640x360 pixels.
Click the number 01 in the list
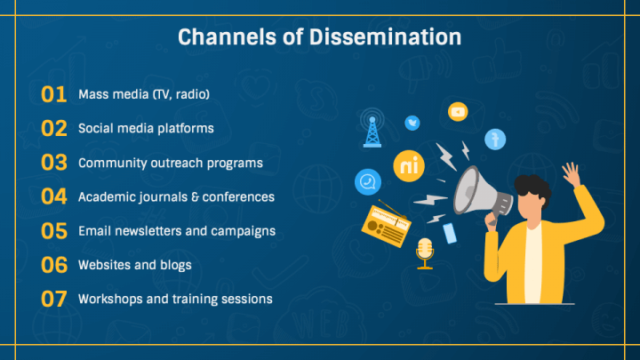(x=54, y=94)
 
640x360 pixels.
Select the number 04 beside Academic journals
(x=54, y=196)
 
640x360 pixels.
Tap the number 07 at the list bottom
(x=54, y=299)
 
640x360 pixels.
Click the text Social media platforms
(x=146, y=128)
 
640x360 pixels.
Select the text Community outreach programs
(x=170, y=163)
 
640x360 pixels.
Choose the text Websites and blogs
(x=134, y=265)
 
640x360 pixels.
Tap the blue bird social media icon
(x=412, y=122)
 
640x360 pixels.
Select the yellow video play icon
(x=458, y=111)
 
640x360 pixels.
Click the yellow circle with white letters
(x=408, y=166)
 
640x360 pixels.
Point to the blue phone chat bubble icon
(x=366, y=182)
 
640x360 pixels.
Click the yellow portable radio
(x=383, y=227)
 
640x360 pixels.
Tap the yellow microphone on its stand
(x=425, y=252)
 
